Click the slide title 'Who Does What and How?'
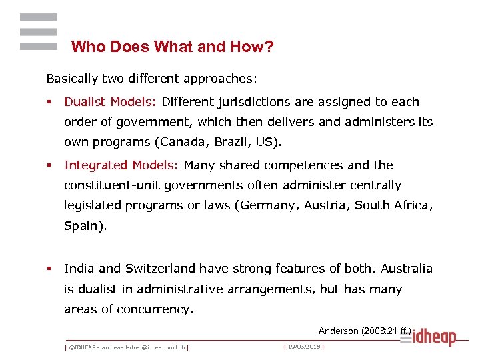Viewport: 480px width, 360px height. [173, 47]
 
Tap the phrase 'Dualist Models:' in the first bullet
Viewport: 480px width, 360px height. [110, 102]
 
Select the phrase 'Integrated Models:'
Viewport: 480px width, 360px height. [122, 165]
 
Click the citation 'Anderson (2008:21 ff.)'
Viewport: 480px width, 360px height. [365, 331]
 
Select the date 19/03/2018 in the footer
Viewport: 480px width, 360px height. [303, 347]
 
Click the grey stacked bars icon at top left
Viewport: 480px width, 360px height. [39, 31]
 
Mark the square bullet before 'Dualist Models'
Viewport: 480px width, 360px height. [49, 103]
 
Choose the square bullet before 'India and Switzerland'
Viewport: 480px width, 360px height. [49, 269]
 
